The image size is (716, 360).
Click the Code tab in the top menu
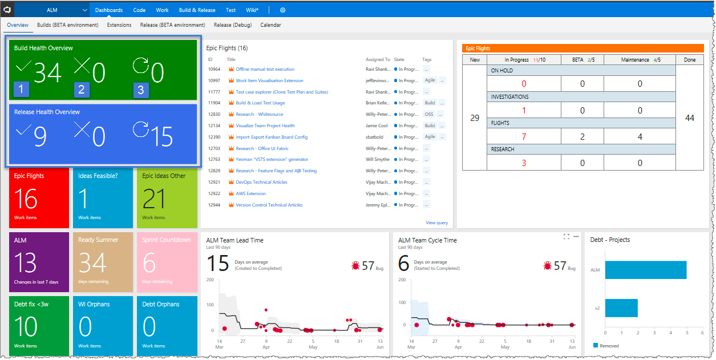point(139,10)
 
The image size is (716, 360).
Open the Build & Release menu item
point(197,10)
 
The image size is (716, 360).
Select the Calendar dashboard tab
point(270,25)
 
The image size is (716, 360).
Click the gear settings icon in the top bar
point(282,10)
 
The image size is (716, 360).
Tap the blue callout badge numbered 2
point(82,90)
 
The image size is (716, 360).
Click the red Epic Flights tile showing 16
point(39,197)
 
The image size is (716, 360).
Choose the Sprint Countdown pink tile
point(166,261)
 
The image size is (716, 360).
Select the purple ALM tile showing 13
point(39,261)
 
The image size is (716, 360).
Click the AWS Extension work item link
point(250,193)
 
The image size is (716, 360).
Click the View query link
point(436,223)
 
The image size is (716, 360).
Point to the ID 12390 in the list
point(214,137)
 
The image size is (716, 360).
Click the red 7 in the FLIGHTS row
point(524,137)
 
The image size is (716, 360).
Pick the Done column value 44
point(689,118)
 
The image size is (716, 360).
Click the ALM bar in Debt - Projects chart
point(645,270)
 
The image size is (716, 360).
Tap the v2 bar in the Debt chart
point(621,308)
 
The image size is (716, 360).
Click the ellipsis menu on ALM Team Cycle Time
point(576,236)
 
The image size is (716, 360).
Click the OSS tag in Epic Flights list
point(429,114)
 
